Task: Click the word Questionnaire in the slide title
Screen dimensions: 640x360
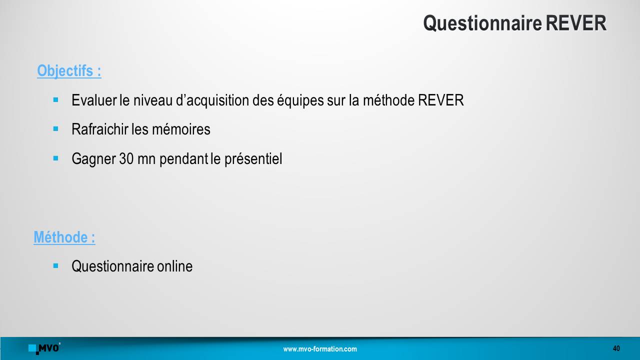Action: tap(482, 23)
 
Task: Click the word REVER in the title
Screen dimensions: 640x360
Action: tap(576, 23)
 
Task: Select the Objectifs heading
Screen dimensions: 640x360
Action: tap(69, 71)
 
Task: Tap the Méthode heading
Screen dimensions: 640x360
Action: tap(64, 237)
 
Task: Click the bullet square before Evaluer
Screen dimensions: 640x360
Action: tap(55, 99)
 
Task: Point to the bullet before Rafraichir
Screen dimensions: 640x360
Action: tap(55, 129)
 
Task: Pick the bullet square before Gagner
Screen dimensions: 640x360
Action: tap(55, 158)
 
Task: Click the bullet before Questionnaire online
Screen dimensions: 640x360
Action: tap(55, 265)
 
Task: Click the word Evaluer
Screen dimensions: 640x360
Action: tap(94, 100)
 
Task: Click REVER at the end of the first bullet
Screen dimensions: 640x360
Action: tap(441, 100)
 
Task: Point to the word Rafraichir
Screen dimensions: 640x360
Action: tap(100, 129)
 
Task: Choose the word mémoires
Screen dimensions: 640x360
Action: tap(181, 129)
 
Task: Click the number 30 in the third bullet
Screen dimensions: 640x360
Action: tap(126, 158)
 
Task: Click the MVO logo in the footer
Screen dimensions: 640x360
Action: tap(44, 348)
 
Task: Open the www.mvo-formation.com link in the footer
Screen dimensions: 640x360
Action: tap(320, 349)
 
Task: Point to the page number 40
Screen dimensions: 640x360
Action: tap(616, 348)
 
